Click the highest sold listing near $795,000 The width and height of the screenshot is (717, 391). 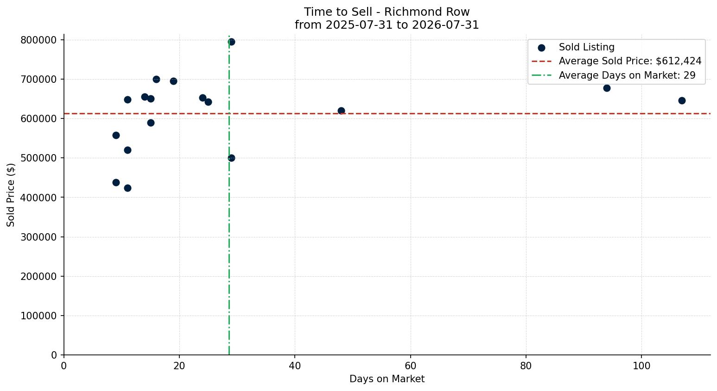tap(231, 42)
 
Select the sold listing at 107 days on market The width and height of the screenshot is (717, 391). tap(682, 100)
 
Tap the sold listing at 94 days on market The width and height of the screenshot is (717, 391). tap(607, 88)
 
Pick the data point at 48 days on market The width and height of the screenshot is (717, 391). tap(341, 111)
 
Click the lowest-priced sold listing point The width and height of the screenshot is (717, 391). tap(127, 188)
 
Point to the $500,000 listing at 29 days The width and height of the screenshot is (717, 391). tap(231, 158)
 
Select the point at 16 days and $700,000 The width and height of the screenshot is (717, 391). tap(156, 79)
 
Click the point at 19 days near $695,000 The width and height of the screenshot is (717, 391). tap(173, 81)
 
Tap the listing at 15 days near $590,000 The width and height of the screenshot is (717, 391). tap(151, 123)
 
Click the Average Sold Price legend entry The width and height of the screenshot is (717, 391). tap(616, 61)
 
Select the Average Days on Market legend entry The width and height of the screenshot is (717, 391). tap(613, 75)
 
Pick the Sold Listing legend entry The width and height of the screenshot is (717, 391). tap(576, 47)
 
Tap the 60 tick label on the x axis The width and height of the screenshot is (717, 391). tap(411, 366)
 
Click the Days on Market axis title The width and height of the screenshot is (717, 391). tap(387, 379)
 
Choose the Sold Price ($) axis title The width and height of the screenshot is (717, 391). tap(11, 195)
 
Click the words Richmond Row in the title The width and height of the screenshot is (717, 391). tap(427, 12)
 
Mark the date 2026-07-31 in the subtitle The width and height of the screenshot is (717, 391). tap(445, 25)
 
